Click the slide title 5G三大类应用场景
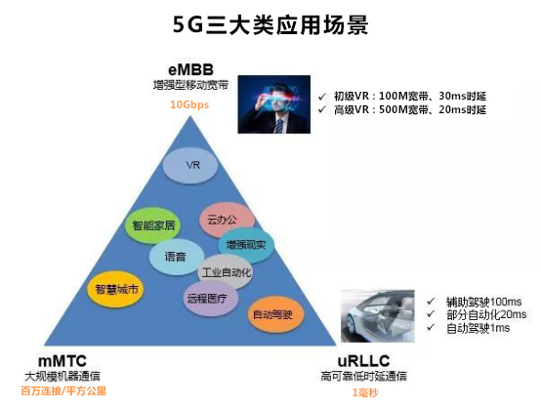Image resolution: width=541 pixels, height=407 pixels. pyautogui.click(x=270, y=24)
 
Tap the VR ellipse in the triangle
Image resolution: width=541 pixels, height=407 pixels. pyautogui.click(x=190, y=165)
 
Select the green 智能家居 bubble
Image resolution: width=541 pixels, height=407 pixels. pyautogui.click(x=153, y=225)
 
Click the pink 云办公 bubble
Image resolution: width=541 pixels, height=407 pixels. pyautogui.click(x=227, y=220)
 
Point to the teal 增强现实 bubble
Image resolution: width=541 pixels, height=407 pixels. pyautogui.click(x=246, y=245)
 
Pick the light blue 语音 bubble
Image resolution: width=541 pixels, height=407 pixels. pyautogui.click(x=177, y=257)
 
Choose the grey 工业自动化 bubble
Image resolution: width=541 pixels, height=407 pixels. pyautogui.click(x=226, y=272)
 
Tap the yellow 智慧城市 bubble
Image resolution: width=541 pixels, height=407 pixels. pyautogui.click(x=115, y=289)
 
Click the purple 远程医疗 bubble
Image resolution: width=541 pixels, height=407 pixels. pyautogui.click(x=210, y=299)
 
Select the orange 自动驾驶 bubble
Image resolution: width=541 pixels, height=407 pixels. pyautogui.click(x=275, y=314)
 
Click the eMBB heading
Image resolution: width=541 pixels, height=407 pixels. pyautogui.click(x=190, y=70)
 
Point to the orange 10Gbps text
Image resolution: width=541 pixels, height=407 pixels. pyautogui.click(x=189, y=104)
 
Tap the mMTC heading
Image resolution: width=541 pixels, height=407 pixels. pyautogui.click(x=62, y=361)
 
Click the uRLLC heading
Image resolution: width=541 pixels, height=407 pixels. pyautogui.click(x=363, y=361)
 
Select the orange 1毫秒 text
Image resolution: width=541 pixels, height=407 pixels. pyautogui.click(x=365, y=392)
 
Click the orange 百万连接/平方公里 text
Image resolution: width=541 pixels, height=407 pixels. pyautogui.click(x=63, y=391)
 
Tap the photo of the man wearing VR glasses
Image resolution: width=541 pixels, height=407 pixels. pyautogui.click(x=274, y=104)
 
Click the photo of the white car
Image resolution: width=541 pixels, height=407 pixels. pyautogui.click(x=378, y=315)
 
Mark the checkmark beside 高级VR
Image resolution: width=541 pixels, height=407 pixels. pyautogui.click(x=322, y=109)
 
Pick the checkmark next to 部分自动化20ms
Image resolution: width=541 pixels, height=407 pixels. pyautogui.click(x=431, y=314)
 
